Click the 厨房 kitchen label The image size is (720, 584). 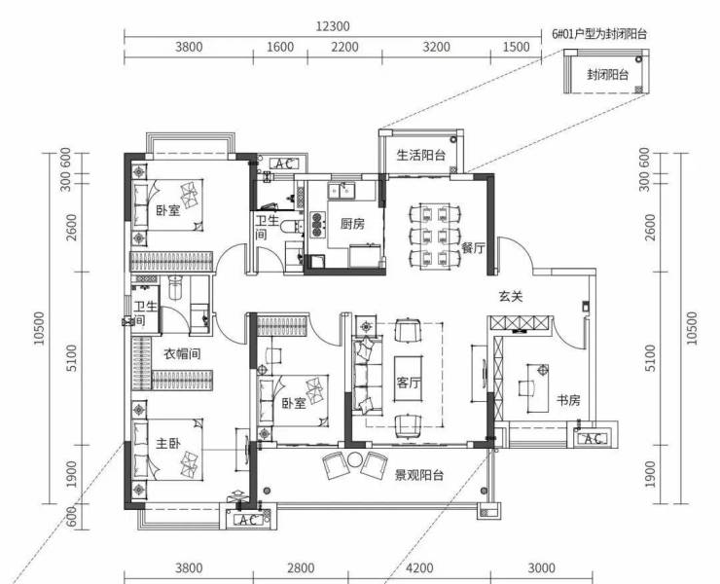pyautogui.click(x=352, y=224)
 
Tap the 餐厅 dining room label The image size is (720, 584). pyautogui.click(x=474, y=248)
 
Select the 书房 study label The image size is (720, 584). pyautogui.click(x=568, y=401)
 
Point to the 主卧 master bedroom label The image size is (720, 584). pyautogui.click(x=168, y=444)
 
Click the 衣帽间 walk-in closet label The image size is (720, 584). pyautogui.click(x=182, y=353)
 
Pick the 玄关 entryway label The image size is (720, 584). pyautogui.click(x=511, y=296)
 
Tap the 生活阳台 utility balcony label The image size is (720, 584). pyautogui.click(x=421, y=155)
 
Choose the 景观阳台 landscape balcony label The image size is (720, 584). pyautogui.click(x=419, y=475)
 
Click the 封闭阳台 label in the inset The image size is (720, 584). pyautogui.click(x=607, y=74)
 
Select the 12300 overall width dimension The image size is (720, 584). pyautogui.click(x=333, y=26)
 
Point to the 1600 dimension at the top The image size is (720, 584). pyautogui.click(x=280, y=47)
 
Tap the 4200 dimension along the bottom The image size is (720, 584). pyautogui.click(x=419, y=568)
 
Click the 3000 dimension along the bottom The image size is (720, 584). pyautogui.click(x=542, y=568)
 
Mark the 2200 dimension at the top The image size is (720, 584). pyautogui.click(x=344, y=47)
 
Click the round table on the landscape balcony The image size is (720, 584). pyautogui.click(x=355, y=459)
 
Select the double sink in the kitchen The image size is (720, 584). pyautogui.click(x=341, y=191)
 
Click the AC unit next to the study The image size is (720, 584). pyautogui.click(x=592, y=439)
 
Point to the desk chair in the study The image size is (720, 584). pyautogui.click(x=526, y=388)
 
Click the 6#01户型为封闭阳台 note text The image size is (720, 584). pyautogui.click(x=599, y=34)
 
